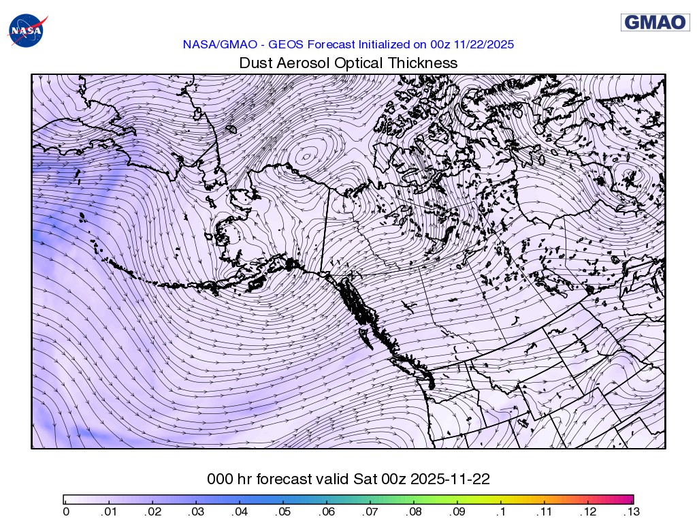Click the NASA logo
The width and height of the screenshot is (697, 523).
point(25,31)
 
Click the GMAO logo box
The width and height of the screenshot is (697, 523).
point(655,22)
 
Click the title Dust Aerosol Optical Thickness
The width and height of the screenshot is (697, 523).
point(348,63)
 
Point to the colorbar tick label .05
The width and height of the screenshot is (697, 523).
point(282,511)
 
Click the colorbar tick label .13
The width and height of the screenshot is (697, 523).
point(632,511)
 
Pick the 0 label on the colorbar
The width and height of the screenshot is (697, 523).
point(65,511)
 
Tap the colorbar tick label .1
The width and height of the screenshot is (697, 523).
point(501,511)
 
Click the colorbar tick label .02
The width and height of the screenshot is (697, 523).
point(150,511)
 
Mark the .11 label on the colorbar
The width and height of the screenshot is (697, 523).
point(545,511)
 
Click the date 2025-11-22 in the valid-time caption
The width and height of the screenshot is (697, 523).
point(452,479)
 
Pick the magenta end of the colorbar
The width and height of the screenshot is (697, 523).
point(630,499)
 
